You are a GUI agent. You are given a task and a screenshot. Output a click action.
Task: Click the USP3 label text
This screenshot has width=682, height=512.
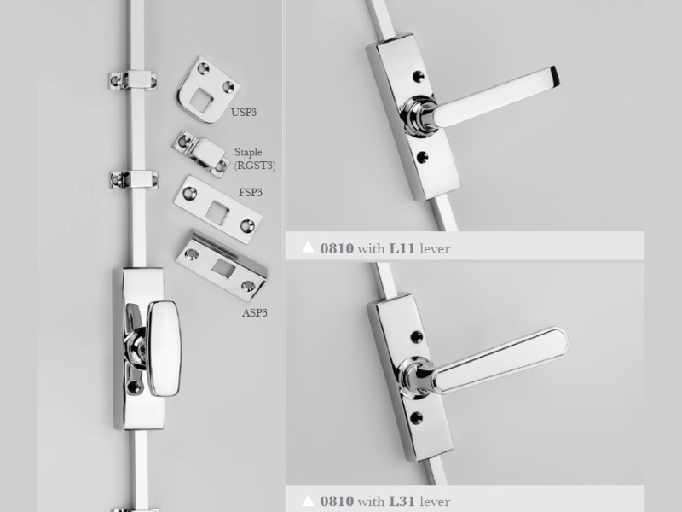click(x=244, y=113)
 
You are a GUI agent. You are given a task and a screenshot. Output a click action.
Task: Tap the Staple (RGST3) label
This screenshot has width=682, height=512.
click(x=254, y=159)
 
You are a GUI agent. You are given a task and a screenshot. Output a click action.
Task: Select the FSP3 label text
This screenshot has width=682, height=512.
click(x=250, y=193)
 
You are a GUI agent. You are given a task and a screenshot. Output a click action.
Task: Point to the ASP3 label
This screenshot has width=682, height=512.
click(x=254, y=312)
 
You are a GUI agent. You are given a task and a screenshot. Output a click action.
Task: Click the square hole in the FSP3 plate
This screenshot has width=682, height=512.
click(x=217, y=212)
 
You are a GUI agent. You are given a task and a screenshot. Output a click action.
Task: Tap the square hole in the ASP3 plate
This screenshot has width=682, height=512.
click(x=223, y=268)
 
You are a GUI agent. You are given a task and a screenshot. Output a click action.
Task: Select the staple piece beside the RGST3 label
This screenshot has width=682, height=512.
click(x=201, y=154)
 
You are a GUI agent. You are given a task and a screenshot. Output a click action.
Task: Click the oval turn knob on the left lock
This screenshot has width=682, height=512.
click(x=164, y=348)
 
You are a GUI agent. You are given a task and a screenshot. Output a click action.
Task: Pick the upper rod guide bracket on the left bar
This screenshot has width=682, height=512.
click(x=132, y=80)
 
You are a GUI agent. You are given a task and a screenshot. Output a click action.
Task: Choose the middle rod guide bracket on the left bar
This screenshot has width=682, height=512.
click(x=134, y=180)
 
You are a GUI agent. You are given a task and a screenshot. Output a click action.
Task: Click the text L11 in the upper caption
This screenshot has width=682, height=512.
click(x=402, y=248)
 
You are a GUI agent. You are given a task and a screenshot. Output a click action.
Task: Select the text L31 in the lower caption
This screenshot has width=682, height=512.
click(x=402, y=501)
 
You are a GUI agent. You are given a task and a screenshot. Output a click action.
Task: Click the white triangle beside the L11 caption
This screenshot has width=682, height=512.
click(x=308, y=247)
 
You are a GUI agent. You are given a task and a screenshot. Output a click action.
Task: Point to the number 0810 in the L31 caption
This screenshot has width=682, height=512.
click(x=337, y=501)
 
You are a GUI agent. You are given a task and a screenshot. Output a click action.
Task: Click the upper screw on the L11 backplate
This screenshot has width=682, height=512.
click(x=418, y=76)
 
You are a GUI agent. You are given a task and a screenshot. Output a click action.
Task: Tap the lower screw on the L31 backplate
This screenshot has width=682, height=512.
click(x=416, y=418)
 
